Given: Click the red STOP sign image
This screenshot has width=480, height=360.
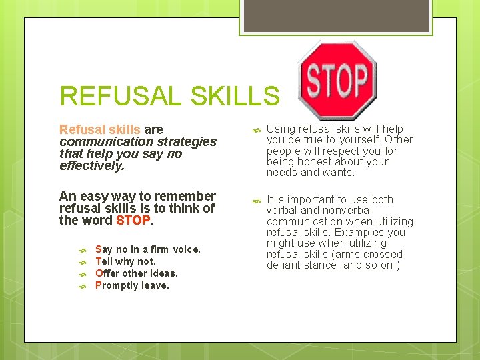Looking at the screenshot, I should [x=337, y=80].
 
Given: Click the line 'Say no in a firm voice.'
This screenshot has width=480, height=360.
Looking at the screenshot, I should [x=147, y=249].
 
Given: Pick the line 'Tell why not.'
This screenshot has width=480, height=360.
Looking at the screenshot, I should [x=125, y=261].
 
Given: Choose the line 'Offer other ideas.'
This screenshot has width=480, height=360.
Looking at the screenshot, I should [x=136, y=273].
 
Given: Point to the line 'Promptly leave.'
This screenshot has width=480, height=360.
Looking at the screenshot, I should [x=132, y=285].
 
